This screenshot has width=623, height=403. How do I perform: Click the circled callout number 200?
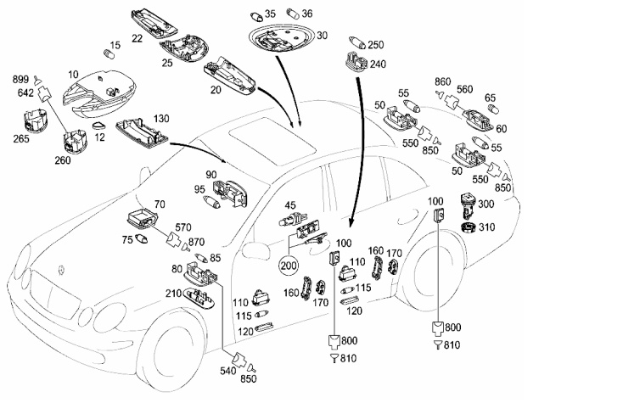coord(289,266)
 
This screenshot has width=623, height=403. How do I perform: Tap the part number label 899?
coord(20,80)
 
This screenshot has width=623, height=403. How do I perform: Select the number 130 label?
coord(160,119)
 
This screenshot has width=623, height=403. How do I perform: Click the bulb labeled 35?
coord(256,17)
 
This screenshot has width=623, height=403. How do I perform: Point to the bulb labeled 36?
coord(293,14)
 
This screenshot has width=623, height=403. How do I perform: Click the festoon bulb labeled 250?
coord(356,42)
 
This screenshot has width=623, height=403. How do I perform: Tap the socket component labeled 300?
coord(468,205)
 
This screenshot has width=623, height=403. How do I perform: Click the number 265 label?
coord(21,138)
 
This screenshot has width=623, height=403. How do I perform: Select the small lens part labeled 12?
coord(99,126)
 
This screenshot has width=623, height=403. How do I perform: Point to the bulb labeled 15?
coord(109,54)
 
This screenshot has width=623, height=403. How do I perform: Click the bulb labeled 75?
coord(142,239)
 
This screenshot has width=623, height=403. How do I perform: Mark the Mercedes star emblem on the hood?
coord(61,270)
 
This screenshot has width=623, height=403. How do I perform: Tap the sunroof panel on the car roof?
coord(272,141)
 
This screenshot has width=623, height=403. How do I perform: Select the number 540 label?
coord(228,371)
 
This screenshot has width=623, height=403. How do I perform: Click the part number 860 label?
coord(442,81)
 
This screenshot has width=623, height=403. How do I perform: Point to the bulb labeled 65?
coord(492,109)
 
